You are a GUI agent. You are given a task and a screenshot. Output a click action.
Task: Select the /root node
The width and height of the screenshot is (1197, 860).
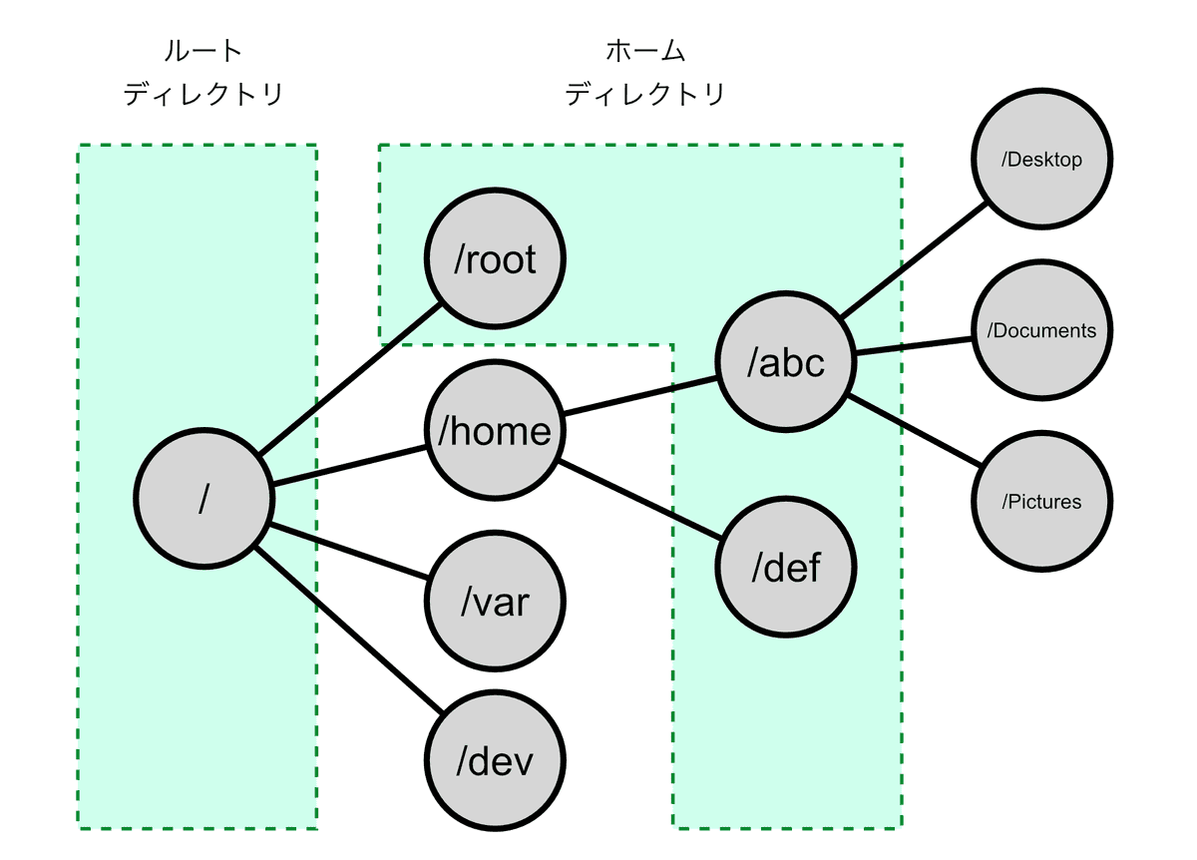tap(495, 260)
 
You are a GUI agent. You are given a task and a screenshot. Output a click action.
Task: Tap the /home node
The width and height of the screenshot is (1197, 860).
tap(495, 431)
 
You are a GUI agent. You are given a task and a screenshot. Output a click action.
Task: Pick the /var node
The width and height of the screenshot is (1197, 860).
tap(495, 602)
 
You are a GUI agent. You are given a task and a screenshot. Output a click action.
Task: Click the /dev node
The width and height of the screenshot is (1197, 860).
tap(495, 762)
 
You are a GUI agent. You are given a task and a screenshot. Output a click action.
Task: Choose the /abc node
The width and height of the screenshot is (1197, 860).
tap(786, 363)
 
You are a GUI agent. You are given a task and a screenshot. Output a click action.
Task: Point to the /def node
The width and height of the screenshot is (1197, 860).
tap(786, 568)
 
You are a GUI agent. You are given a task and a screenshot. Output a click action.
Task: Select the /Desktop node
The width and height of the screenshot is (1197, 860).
tap(1042, 160)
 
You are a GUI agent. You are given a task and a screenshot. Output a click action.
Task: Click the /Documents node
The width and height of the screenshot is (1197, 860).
tap(1042, 330)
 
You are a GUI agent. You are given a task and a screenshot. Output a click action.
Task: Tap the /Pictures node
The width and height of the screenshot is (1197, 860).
tap(1042, 501)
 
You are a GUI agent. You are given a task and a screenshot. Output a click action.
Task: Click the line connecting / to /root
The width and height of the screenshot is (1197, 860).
tap(349, 379)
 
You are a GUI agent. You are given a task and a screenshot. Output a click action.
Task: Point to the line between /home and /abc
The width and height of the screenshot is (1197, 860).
tap(640, 396)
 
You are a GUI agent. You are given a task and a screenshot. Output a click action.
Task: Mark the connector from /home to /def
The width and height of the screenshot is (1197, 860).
tap(640, 501)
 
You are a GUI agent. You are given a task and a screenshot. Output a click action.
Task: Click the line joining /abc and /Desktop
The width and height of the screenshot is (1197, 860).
tap(914, 261)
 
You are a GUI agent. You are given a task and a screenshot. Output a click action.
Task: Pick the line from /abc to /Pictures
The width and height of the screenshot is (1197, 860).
tap(914, 431)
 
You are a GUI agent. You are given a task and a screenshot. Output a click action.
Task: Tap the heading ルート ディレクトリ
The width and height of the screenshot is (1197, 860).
tap(203, 73)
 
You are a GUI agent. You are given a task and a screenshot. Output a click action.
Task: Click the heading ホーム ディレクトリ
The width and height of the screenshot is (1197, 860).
tap(644, 73)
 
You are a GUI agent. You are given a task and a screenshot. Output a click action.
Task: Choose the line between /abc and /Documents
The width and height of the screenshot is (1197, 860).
tap(914, 346)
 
